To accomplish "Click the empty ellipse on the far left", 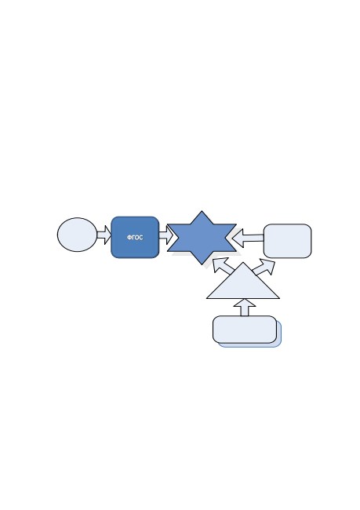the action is pos(77,235).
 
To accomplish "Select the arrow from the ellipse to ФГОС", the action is pos(104,235).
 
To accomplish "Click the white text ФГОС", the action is pos(135,238).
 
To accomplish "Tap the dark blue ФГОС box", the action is pos(135,238).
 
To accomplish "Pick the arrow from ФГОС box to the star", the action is pos(165,235).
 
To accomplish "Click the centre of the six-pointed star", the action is pos(202,238).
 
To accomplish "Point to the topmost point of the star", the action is pos(202,211).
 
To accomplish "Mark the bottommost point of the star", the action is pos(202,264).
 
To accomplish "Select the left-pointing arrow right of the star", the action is pos(249,238).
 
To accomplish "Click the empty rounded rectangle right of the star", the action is pos(288,241).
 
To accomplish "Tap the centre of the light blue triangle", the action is pos(243,286).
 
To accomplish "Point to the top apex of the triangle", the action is pos(243,263).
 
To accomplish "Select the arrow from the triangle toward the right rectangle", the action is pos(264,268).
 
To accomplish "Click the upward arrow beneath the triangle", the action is pos(245,308).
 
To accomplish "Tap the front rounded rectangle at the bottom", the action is pos(245,330).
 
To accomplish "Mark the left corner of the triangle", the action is pos(207,298).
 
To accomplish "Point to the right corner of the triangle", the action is pos(279,298).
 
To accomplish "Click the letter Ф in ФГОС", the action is pos(129,238).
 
